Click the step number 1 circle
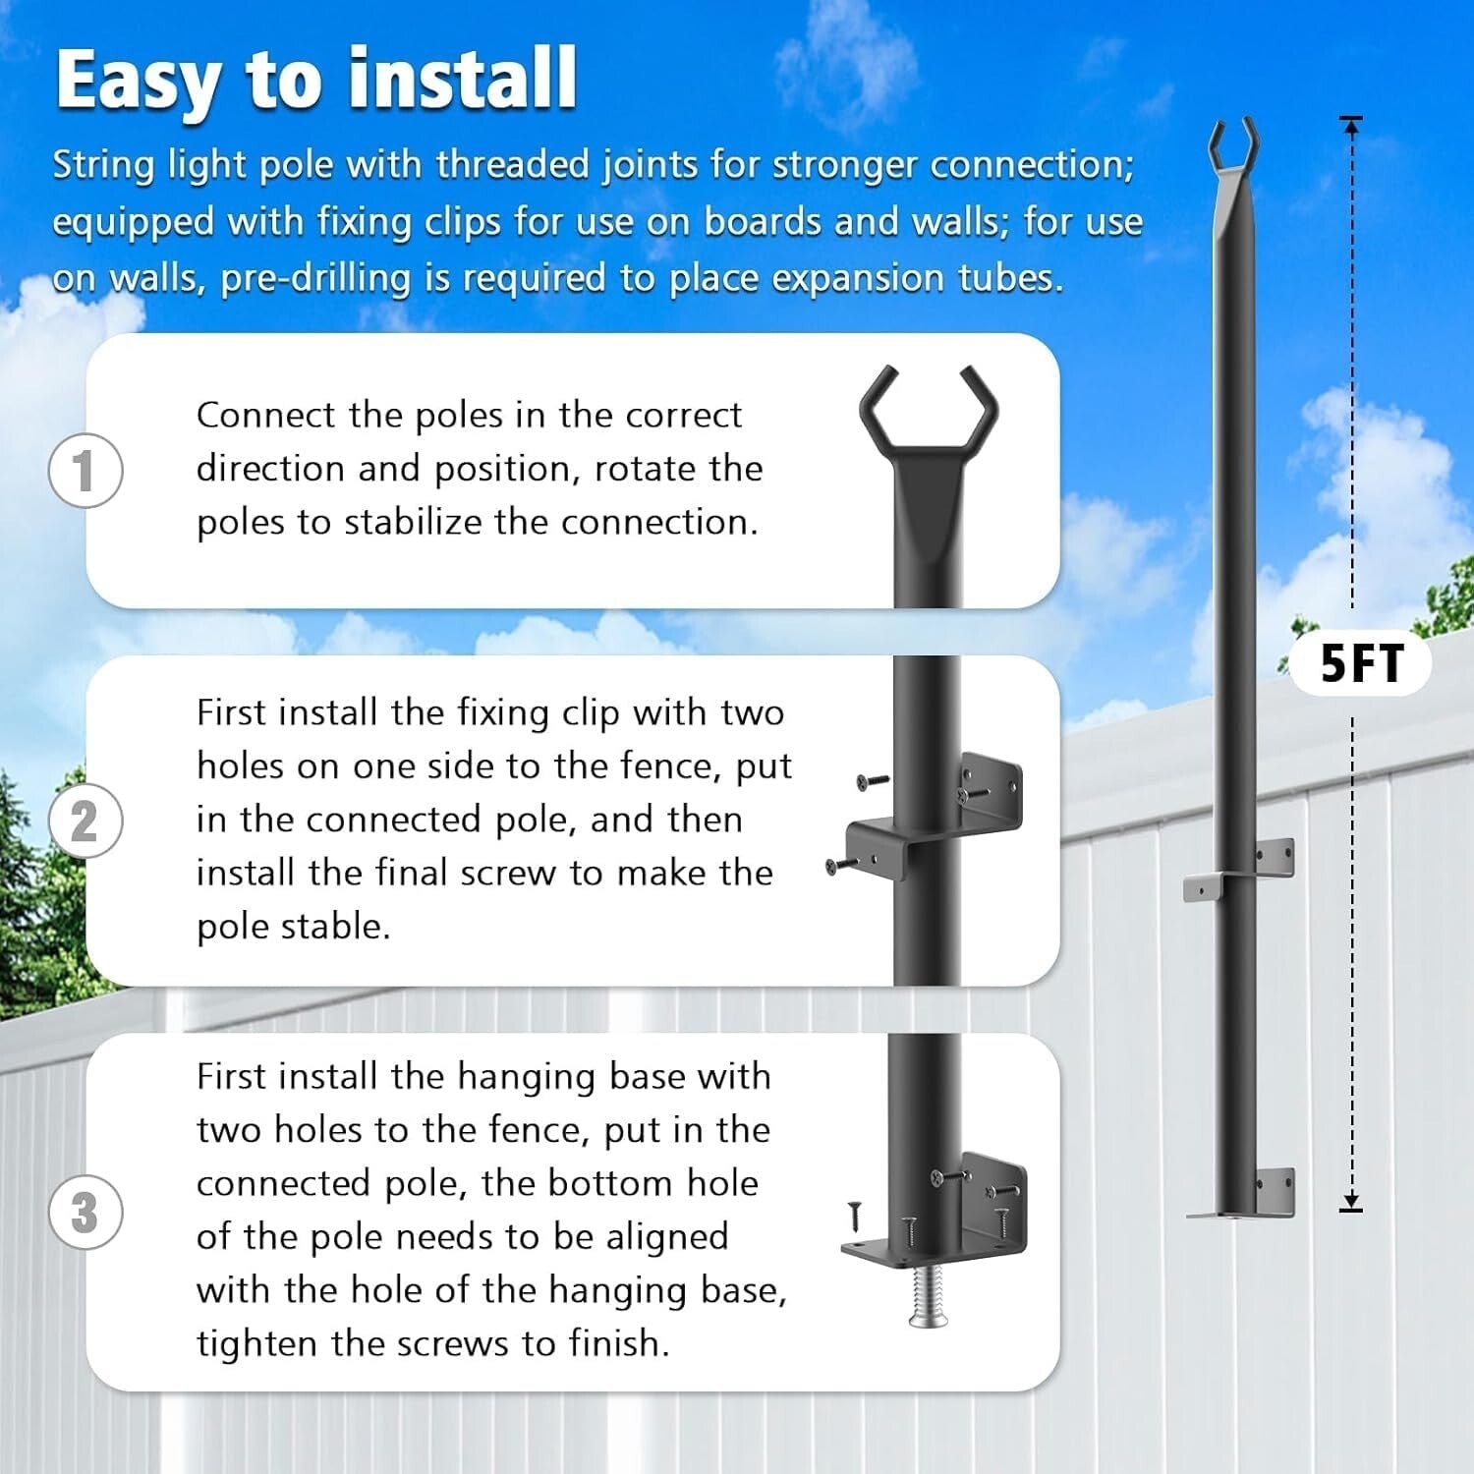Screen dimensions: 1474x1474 [x=85, y=470]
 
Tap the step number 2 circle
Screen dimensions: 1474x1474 [x=85, y=821]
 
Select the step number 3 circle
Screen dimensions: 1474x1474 [x=85, y=1212]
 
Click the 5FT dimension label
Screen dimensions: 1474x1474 [x=1361, y=664]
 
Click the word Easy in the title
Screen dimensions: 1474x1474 [x=138, y=81]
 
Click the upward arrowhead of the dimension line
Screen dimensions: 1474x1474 [x=1352, y=123]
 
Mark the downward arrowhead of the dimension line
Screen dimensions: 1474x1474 [x=1352, y=1202]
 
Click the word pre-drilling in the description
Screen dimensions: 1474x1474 [x=315, y=278]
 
